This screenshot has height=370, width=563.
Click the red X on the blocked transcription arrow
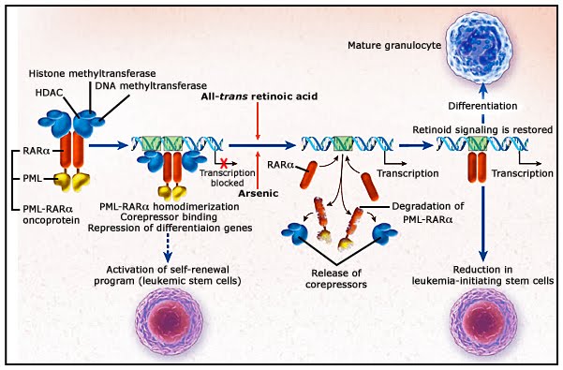[x=224, y=164]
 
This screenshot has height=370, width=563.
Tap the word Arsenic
[x=259, y=194]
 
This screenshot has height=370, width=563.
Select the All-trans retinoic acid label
[x=259, y=96]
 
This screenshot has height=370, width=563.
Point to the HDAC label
[x=49, y=93]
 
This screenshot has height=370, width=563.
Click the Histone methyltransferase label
[x=93, y=74]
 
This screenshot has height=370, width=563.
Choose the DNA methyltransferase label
[x=151, y=86]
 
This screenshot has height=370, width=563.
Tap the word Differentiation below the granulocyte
[x=482, y=106]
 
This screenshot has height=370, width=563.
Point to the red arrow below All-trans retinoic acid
[x=258, y=121]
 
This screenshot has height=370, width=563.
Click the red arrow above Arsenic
[x=258, y=169]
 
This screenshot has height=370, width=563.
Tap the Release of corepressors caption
[x=336, y=279]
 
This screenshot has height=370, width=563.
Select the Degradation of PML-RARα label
[x=427, y=213]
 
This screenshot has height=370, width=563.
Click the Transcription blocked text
[x=228, y=178]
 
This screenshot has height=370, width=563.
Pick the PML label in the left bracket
[x=32, y=178]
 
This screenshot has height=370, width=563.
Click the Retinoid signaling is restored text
[x=482, y=129]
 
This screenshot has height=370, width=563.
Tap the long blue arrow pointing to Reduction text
[x=483, y=224]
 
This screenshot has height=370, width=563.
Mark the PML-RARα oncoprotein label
[x=51, y=215]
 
